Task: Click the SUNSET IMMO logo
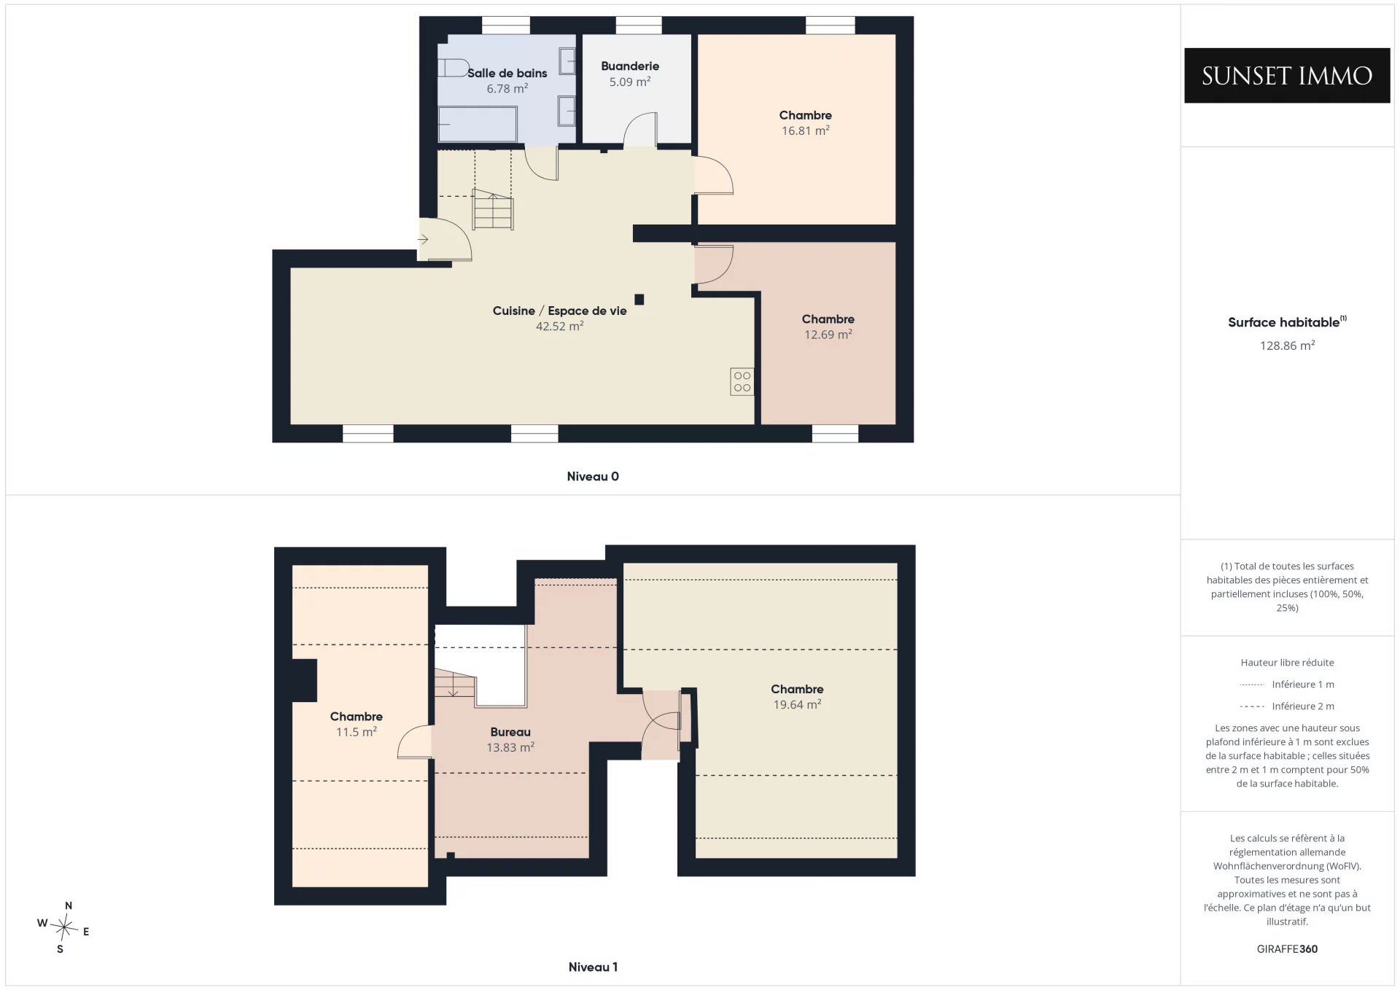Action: [1287, 76]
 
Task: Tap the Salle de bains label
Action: [507, 73]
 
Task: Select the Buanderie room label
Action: [630, 66]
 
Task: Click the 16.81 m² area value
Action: [806, 130]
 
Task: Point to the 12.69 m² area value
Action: [828, 335]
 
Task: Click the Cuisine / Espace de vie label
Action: [560, 311]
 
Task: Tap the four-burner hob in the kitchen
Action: [742, 381]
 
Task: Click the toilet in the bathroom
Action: [453, 68]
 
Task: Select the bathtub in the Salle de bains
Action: [478, 125]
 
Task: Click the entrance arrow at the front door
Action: [423, 239]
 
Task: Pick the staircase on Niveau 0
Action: [493, 209]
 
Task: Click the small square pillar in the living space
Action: [639, 299]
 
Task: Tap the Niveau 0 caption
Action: [593, 477]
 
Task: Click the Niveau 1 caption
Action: [593, 967]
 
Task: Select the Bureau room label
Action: [510, 732]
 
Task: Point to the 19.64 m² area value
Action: [798, 705]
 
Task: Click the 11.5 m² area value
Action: [357, 732]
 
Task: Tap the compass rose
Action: [64, 927]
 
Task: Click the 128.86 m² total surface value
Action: [1288, 346]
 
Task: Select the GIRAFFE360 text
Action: [1287, 949]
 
